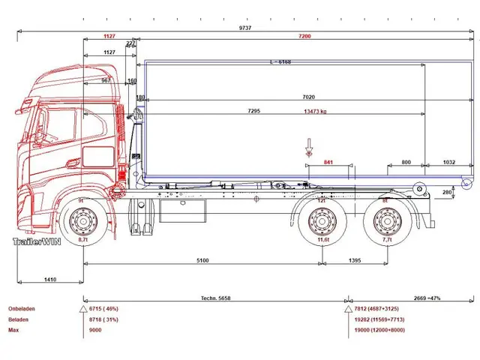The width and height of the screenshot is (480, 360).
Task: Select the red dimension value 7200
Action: [x=304, y=36]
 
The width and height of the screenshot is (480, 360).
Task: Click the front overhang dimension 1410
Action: [x=50, y=280]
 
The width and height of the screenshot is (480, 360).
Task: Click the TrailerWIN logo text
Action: [x=36, y=241]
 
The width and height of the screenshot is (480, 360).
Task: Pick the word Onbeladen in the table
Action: [x=22, y=308]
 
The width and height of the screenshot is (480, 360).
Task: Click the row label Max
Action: [x=13, y=329]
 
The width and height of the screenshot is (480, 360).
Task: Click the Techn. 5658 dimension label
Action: [x=215, y=298]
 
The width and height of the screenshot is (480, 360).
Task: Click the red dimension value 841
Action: [x=328, y=162]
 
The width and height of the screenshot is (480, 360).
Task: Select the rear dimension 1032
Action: [x=448, y=162]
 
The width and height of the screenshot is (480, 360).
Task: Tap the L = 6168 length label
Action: [x=279, y=62]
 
